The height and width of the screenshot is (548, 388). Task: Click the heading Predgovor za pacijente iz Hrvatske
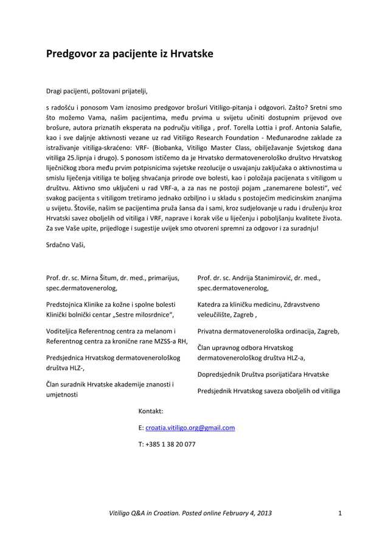[130, 54]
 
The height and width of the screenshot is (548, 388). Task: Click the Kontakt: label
[152, 411]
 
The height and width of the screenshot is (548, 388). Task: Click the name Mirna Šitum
[95, 278]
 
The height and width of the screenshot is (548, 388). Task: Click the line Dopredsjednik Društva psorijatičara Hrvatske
[263, 374]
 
